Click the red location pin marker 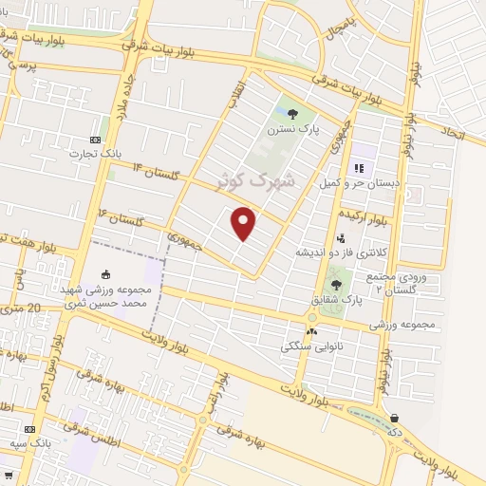pos(244,223)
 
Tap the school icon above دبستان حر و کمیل pos(359,166)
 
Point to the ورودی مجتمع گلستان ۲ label pos(403,282)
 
